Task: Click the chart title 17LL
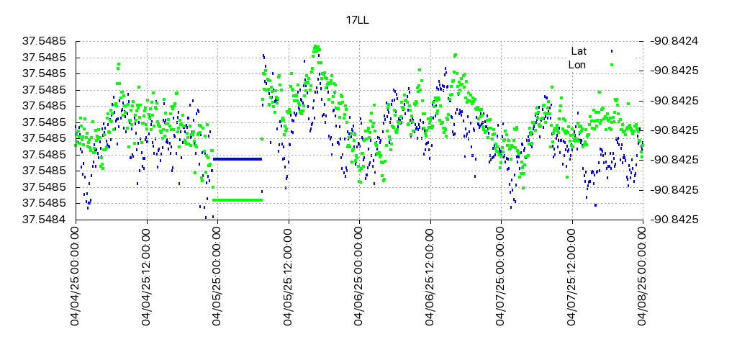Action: (358, 20)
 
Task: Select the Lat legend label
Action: (579, 51)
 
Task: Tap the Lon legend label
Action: (577, 65)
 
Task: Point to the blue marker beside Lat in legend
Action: (612, 51)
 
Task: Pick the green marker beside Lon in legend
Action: (612, 65)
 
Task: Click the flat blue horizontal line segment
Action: (237, 158)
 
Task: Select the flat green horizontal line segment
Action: (237, 199)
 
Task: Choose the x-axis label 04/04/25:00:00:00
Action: (76, 278)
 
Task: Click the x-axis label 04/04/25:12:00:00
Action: (147, 278)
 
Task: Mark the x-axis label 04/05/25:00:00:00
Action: (217, 278)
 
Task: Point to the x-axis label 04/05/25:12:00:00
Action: (289, 278)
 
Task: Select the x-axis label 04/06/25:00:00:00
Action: (359, 278)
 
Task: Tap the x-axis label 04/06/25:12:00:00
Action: (430, 278)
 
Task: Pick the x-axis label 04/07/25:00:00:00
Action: (501, 278)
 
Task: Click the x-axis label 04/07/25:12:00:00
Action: (572, 278)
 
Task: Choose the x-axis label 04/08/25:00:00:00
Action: (643, 278)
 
